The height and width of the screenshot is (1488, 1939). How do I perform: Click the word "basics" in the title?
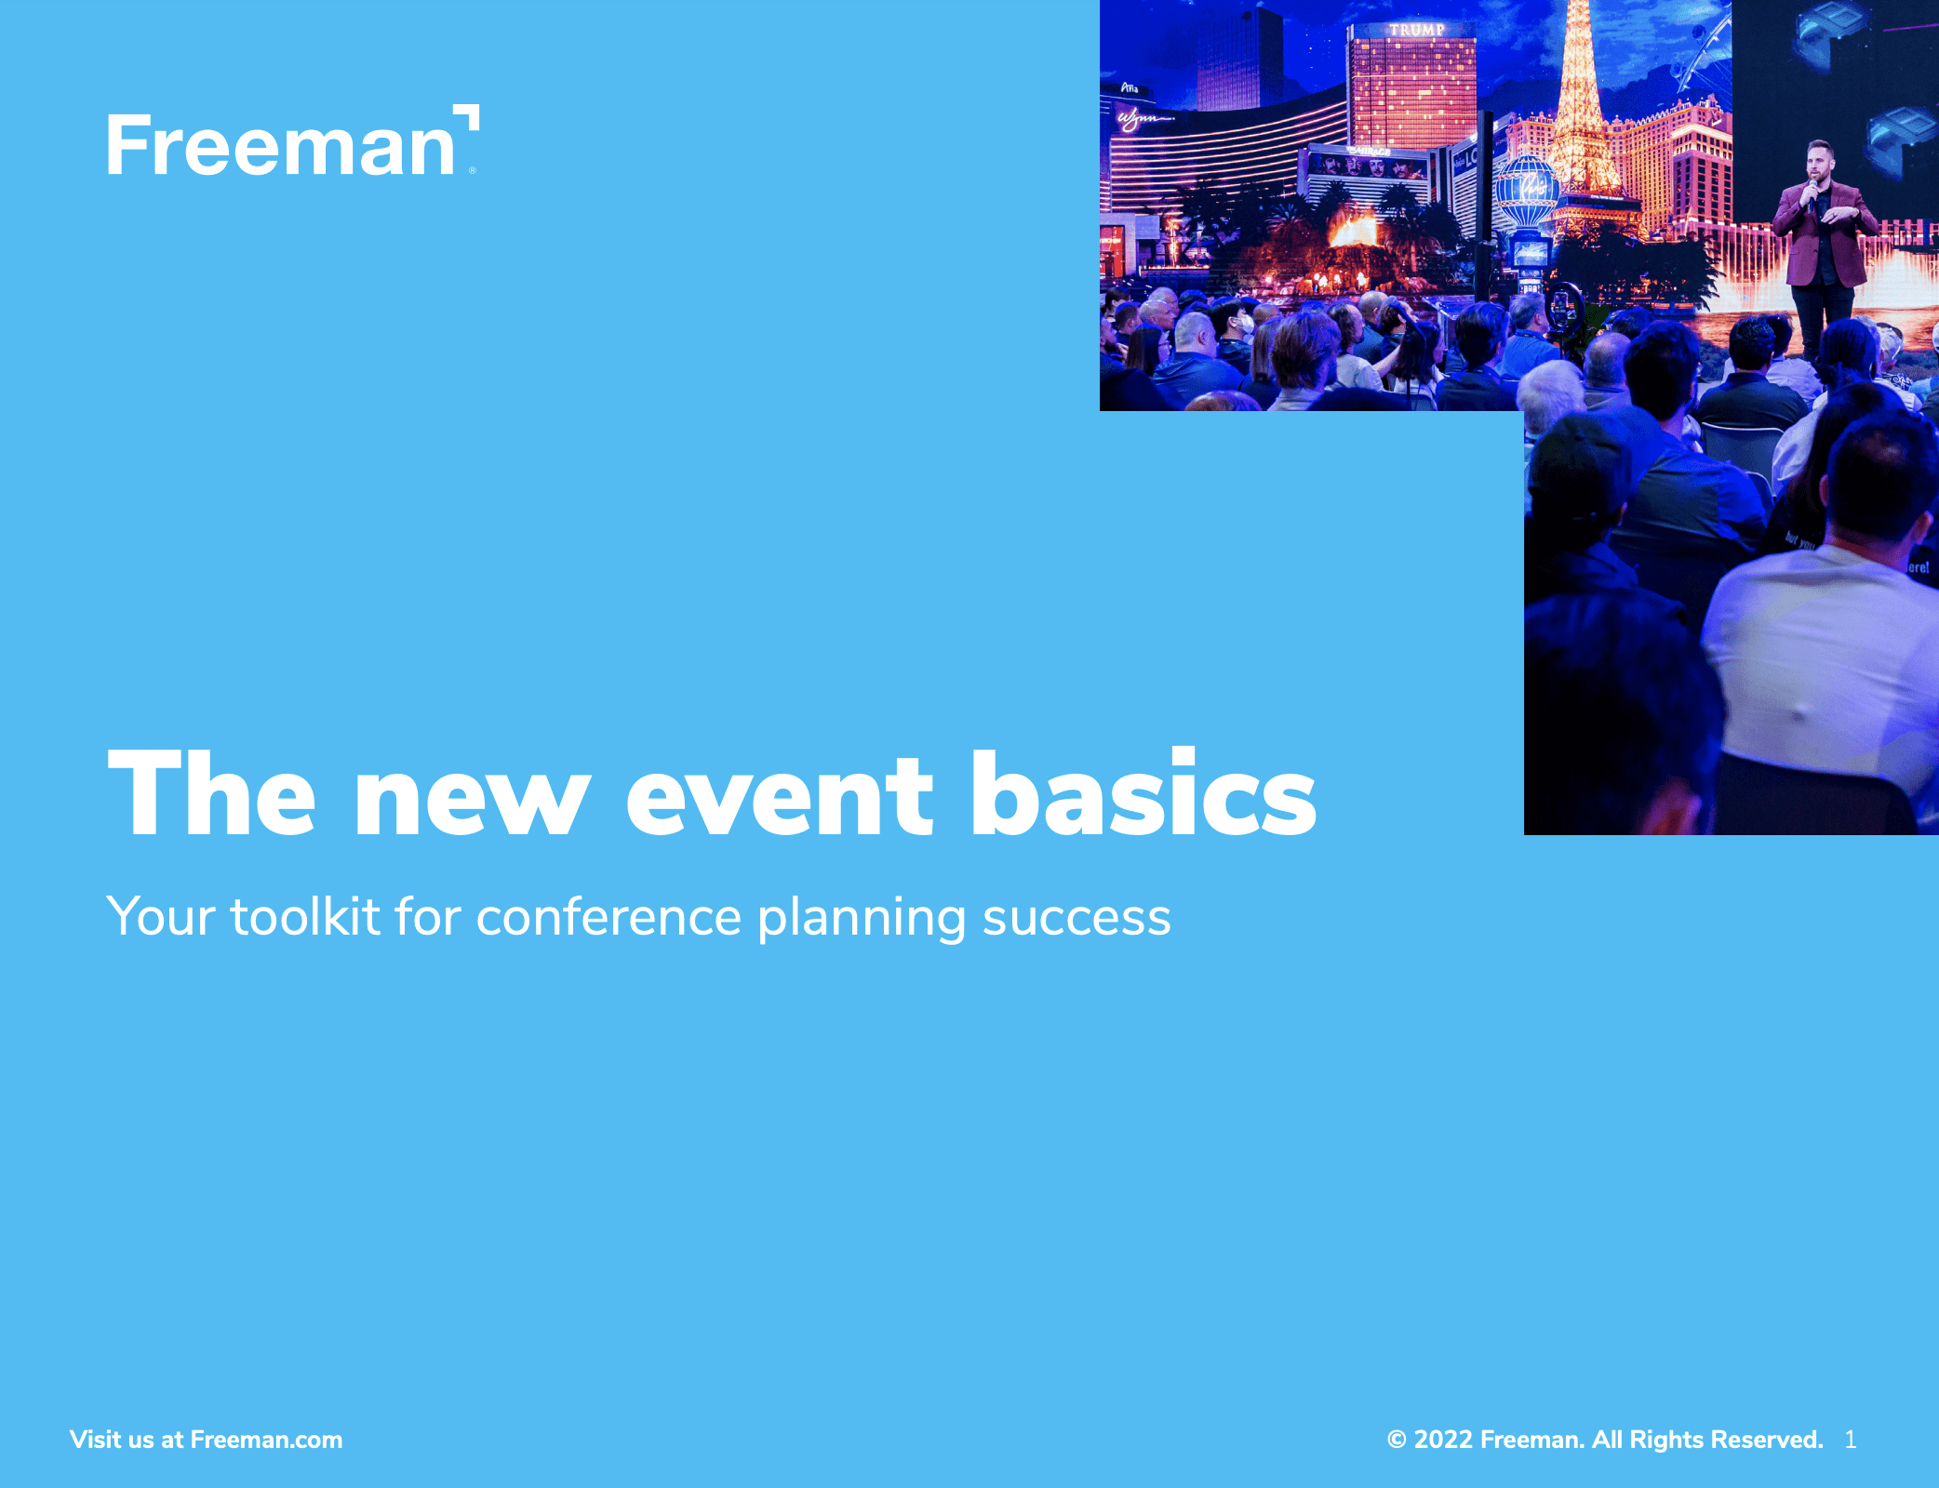pos(1143,792)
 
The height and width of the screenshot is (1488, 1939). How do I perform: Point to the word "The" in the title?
pos(212,792)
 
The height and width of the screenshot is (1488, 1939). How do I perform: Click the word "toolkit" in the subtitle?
pos(305,917)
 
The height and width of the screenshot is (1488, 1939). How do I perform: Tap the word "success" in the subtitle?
pos(1076,920)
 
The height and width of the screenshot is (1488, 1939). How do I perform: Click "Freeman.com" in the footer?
pos(266,1440)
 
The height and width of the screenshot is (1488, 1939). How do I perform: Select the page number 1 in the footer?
pos(1851,1440)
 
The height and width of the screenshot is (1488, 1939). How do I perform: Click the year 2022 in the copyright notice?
pos(1443,1440)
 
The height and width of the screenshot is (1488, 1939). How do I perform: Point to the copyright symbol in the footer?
pos(1396,1440)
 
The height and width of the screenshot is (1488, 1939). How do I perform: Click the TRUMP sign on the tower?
pos(1416,30)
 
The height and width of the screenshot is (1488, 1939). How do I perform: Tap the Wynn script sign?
pos(1143,119)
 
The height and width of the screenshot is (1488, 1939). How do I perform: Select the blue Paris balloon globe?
pos(1526,191)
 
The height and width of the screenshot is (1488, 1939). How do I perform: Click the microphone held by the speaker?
pos(1813,190)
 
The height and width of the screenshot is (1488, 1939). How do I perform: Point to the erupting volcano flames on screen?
pos(1354,227)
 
